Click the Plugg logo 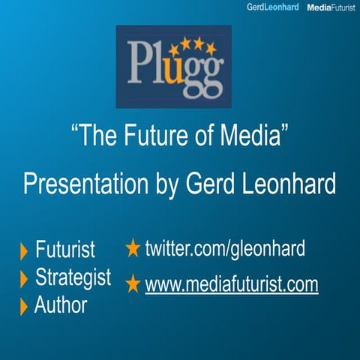click(173, 66)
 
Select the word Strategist click(73, 277)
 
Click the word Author click(61, 304)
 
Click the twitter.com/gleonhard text click(225, 248)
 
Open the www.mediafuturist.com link click(232, 284)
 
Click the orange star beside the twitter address click(133, 247)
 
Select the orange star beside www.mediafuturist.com click(133, 283)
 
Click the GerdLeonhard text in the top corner click(272, 7)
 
